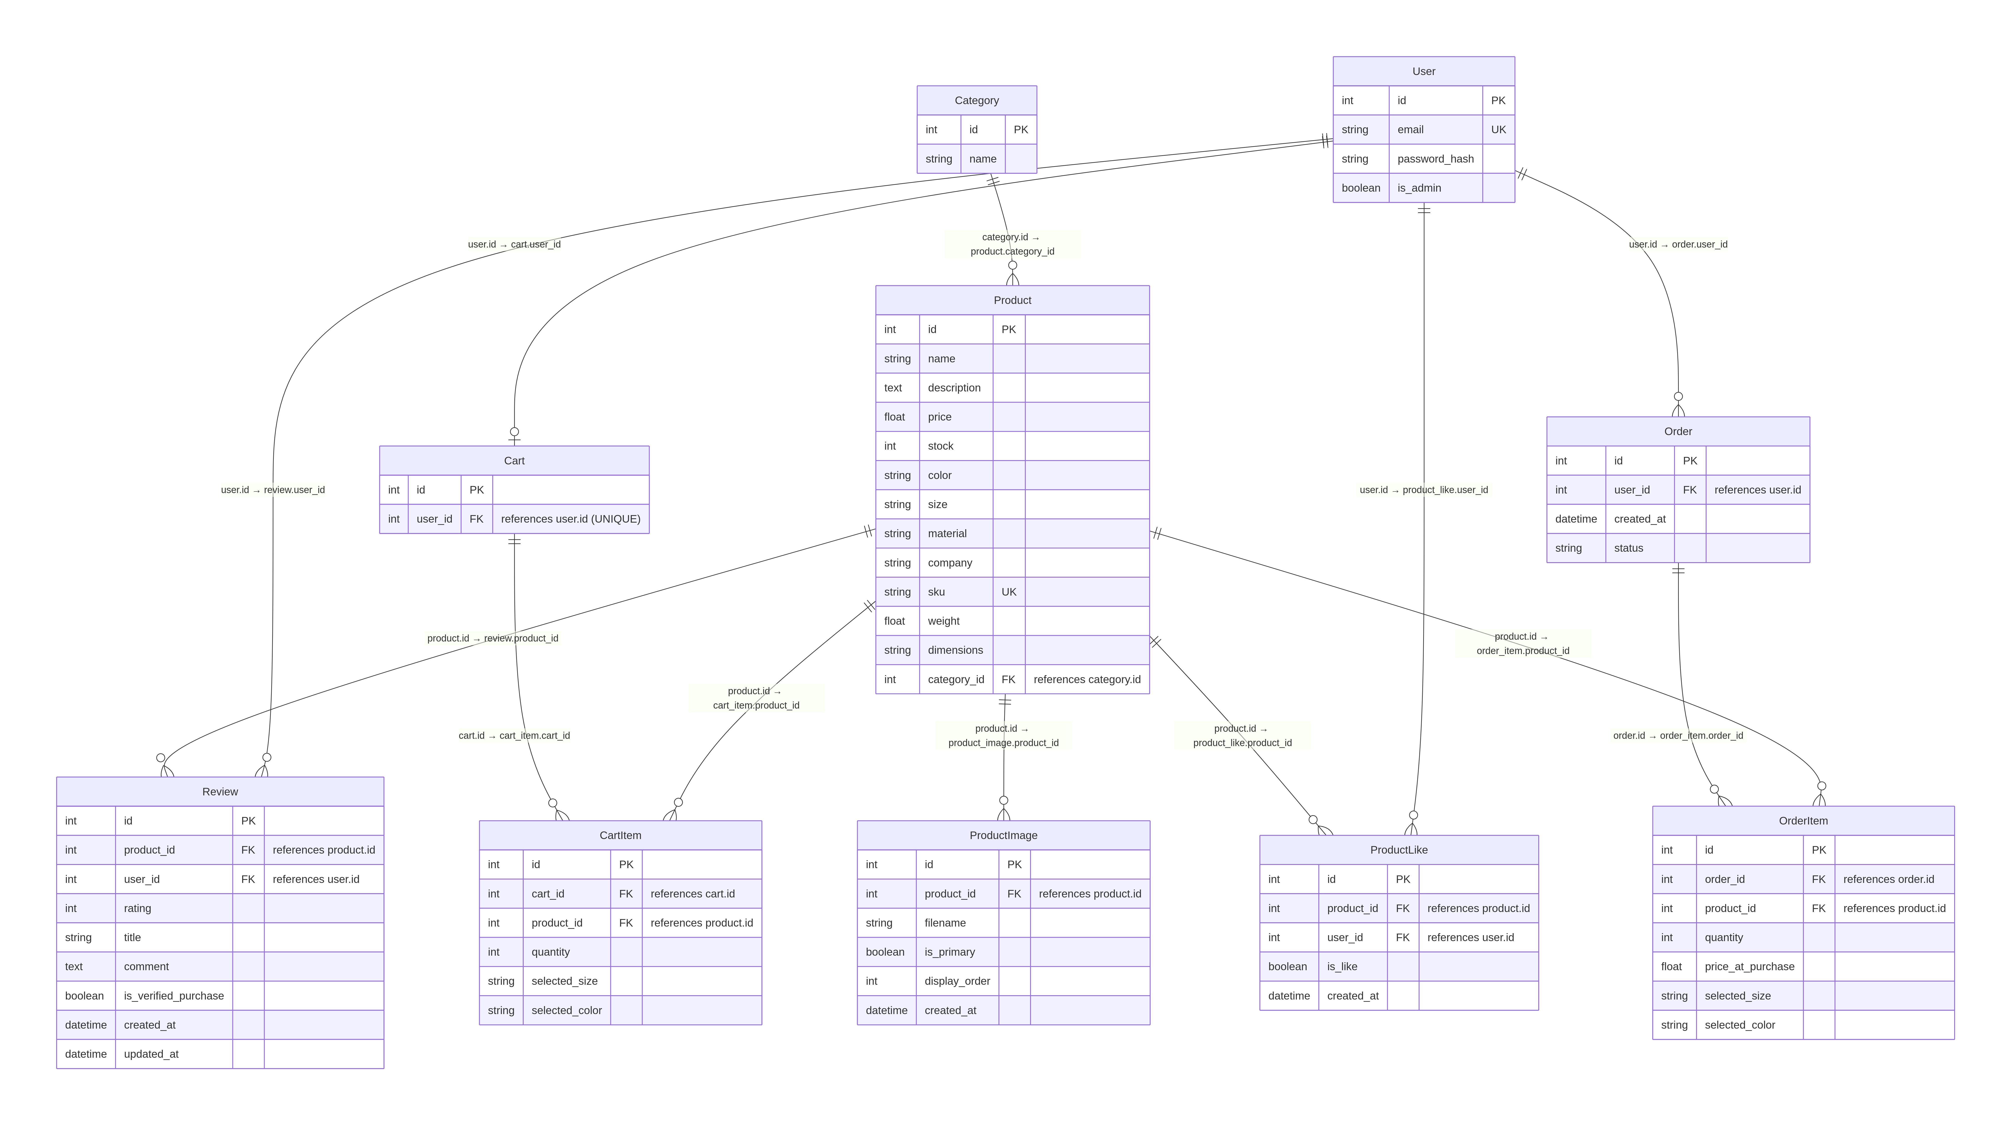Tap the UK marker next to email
[x=1497, y=130]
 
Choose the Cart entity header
[x=514, y=461]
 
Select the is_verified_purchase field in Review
[x=173, y=995]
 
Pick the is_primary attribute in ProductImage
[x=949, y=952]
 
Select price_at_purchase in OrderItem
[x=1749, y=967]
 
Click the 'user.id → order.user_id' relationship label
[x=1677, y=244]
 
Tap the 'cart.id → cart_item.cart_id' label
[x=514, y=735]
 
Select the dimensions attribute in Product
[x=955, y=650]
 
